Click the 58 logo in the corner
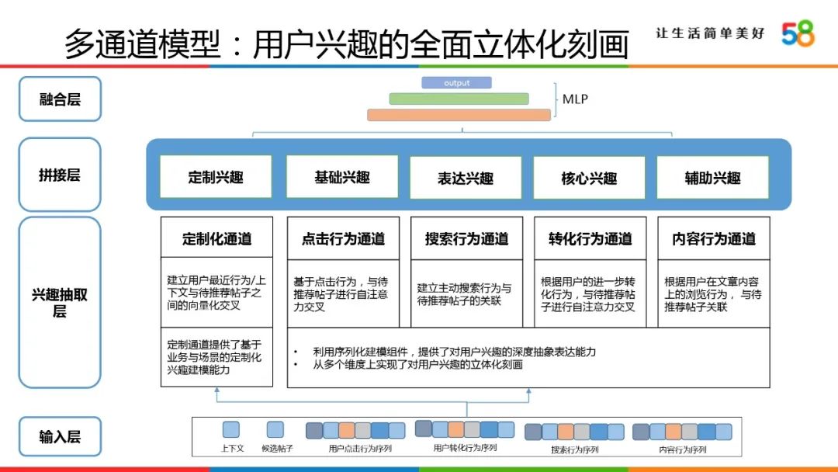tap(798, 33)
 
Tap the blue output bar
tap(456, 82)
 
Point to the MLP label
tap(575, 99)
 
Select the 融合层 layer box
tap(60, 99)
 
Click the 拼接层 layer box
tap(60, 175)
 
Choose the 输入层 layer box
tap(60, 436)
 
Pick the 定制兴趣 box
tap(216, 177)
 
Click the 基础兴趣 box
tap(341, 177)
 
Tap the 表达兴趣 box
tap(465, 178)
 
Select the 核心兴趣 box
tap(589, 178)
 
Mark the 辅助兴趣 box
tap(712, 178)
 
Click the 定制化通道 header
tap(216, 238)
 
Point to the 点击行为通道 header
tap(343, 238)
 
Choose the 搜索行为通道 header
tap(466, 238)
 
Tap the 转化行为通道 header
tap(590, 238)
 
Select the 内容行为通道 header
tap(714, 238)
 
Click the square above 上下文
tap(230, 430)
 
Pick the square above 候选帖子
tap(275, 430)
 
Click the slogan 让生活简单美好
tap(710, 33)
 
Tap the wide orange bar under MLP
tap(459, 115)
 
